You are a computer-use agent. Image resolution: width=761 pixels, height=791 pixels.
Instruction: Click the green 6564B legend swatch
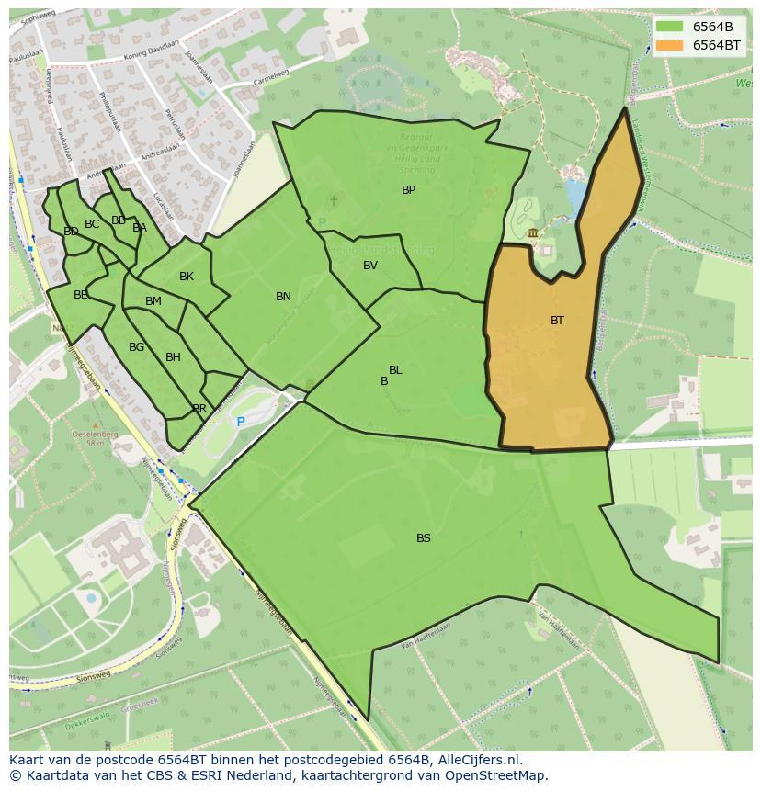[x=669, y=27]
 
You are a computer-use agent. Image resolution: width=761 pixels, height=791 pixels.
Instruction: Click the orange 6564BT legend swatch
[x=669, y=45]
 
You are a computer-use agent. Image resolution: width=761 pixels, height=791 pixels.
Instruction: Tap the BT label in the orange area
[x=557, y=321]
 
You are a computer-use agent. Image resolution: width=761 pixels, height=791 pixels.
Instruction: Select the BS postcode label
[x=423, y=538]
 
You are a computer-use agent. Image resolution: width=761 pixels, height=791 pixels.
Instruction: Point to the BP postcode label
[x=408, y=190]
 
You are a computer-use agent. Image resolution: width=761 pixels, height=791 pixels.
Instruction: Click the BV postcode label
[x=370, y=266]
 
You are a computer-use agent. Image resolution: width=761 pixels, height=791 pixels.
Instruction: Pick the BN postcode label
[x=283, y=296]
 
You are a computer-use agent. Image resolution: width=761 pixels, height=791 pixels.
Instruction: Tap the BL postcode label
[x=395, y=370]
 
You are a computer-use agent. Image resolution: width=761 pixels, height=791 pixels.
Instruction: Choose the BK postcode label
[x=187, y=277]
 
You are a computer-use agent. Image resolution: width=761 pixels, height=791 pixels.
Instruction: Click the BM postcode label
[x=153, y=301]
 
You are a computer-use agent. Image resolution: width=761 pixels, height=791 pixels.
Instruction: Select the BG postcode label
[x=136, y=347]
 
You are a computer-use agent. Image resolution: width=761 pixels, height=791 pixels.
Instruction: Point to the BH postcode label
[x=173, y=357]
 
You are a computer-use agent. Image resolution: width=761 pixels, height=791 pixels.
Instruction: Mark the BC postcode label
[x=92, y=224]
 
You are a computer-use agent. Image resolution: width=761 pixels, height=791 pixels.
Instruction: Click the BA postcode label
[x=140, y=228]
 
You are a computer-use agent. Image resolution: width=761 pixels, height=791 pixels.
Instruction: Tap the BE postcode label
[x=81, y=295]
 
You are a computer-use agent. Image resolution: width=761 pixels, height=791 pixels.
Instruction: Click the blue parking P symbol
[x=241, y=422]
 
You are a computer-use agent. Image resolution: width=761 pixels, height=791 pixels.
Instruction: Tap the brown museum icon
[x=533, y=232]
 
